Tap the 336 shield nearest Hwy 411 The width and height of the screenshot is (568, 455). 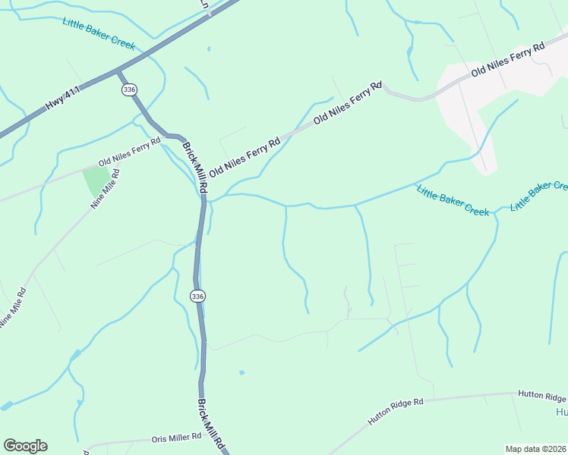click(128, 89)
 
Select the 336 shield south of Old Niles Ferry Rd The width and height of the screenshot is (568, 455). click(197, 295)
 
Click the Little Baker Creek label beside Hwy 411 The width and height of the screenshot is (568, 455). click(99, 30)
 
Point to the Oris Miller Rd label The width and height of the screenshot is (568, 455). click(176, 437)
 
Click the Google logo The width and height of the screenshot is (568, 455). click(25, 445)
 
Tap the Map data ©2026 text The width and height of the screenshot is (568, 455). click(536, 449)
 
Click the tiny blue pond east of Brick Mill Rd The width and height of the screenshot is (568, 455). click(241, 372)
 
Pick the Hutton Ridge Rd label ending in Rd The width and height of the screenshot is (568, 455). click(395, 411)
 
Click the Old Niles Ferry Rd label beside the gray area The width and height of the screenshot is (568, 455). click(508, 59)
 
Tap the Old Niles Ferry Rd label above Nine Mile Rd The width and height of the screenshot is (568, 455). click(130, 152)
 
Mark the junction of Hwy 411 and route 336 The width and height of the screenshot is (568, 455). click(118, 71)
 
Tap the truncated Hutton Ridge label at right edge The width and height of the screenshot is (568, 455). click(542, 397)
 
